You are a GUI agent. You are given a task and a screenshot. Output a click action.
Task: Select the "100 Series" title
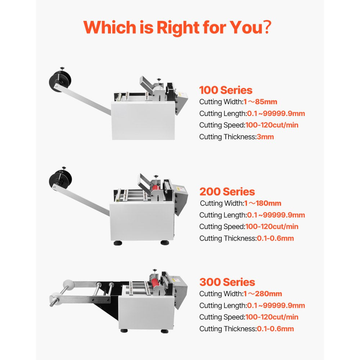coord(226,90)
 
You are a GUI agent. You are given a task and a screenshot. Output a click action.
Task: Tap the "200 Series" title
coord(227,192)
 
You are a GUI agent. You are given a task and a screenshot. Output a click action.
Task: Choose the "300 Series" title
coord(227,282)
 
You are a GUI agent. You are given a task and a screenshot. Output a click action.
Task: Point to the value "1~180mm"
coord(263,203)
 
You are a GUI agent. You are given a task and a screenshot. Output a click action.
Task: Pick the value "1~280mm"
coord(263,294)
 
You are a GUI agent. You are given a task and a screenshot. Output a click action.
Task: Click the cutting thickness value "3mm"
coord(265,136)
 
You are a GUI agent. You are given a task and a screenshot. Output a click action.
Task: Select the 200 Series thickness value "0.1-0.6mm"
coord(275,238)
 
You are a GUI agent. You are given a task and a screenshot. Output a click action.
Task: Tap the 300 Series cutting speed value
coord(271,317)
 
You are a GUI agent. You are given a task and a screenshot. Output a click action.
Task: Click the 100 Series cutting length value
coord(276,113)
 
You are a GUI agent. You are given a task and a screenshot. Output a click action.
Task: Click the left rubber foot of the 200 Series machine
coord(117,243)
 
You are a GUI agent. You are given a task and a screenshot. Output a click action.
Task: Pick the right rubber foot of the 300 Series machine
coord(164,331)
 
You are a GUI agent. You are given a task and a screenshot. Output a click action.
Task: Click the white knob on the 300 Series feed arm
coord(67,284)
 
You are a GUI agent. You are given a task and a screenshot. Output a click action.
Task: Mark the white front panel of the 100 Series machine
coord(143,121)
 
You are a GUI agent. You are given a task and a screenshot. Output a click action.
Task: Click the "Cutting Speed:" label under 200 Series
coord(222,226)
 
